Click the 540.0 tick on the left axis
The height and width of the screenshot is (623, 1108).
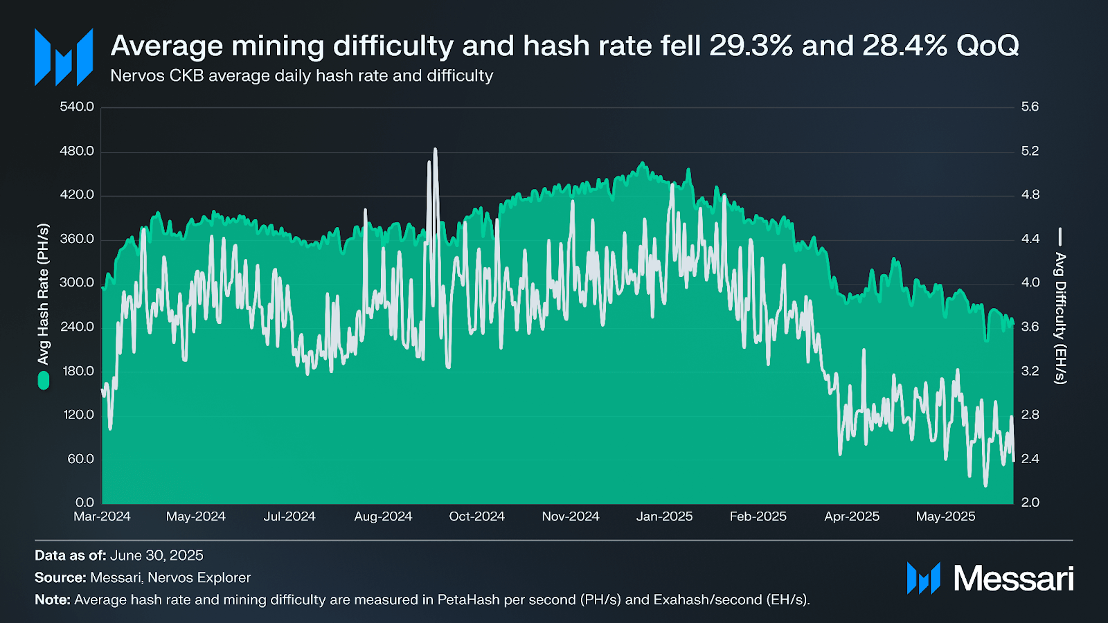click(76, 107)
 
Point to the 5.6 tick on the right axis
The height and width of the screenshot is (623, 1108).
click(1030, 107)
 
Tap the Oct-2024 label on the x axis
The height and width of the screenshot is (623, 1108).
click(476, 516)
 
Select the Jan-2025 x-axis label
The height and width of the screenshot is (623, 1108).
click(664, 516)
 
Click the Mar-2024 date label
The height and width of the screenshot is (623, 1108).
click(102, 516)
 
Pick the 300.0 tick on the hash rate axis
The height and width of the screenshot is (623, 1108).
click(76, 282)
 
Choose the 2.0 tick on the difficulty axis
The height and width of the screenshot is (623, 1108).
click(1030, 503)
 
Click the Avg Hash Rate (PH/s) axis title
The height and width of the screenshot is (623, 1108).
click(44, 294)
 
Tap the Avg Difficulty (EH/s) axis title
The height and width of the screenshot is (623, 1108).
click(1060, 318)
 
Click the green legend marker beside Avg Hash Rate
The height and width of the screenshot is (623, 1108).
click(44, 380)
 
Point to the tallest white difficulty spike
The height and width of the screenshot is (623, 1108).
click(435, 150)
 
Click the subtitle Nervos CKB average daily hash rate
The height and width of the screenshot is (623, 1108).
click(301, 75)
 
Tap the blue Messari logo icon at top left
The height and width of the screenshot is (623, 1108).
click(64, 57)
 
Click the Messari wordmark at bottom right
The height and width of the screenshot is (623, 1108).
click(1013, 578)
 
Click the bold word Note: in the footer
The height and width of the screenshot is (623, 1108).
click(53, 599)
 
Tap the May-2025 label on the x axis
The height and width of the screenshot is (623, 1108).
click(945, 516)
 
